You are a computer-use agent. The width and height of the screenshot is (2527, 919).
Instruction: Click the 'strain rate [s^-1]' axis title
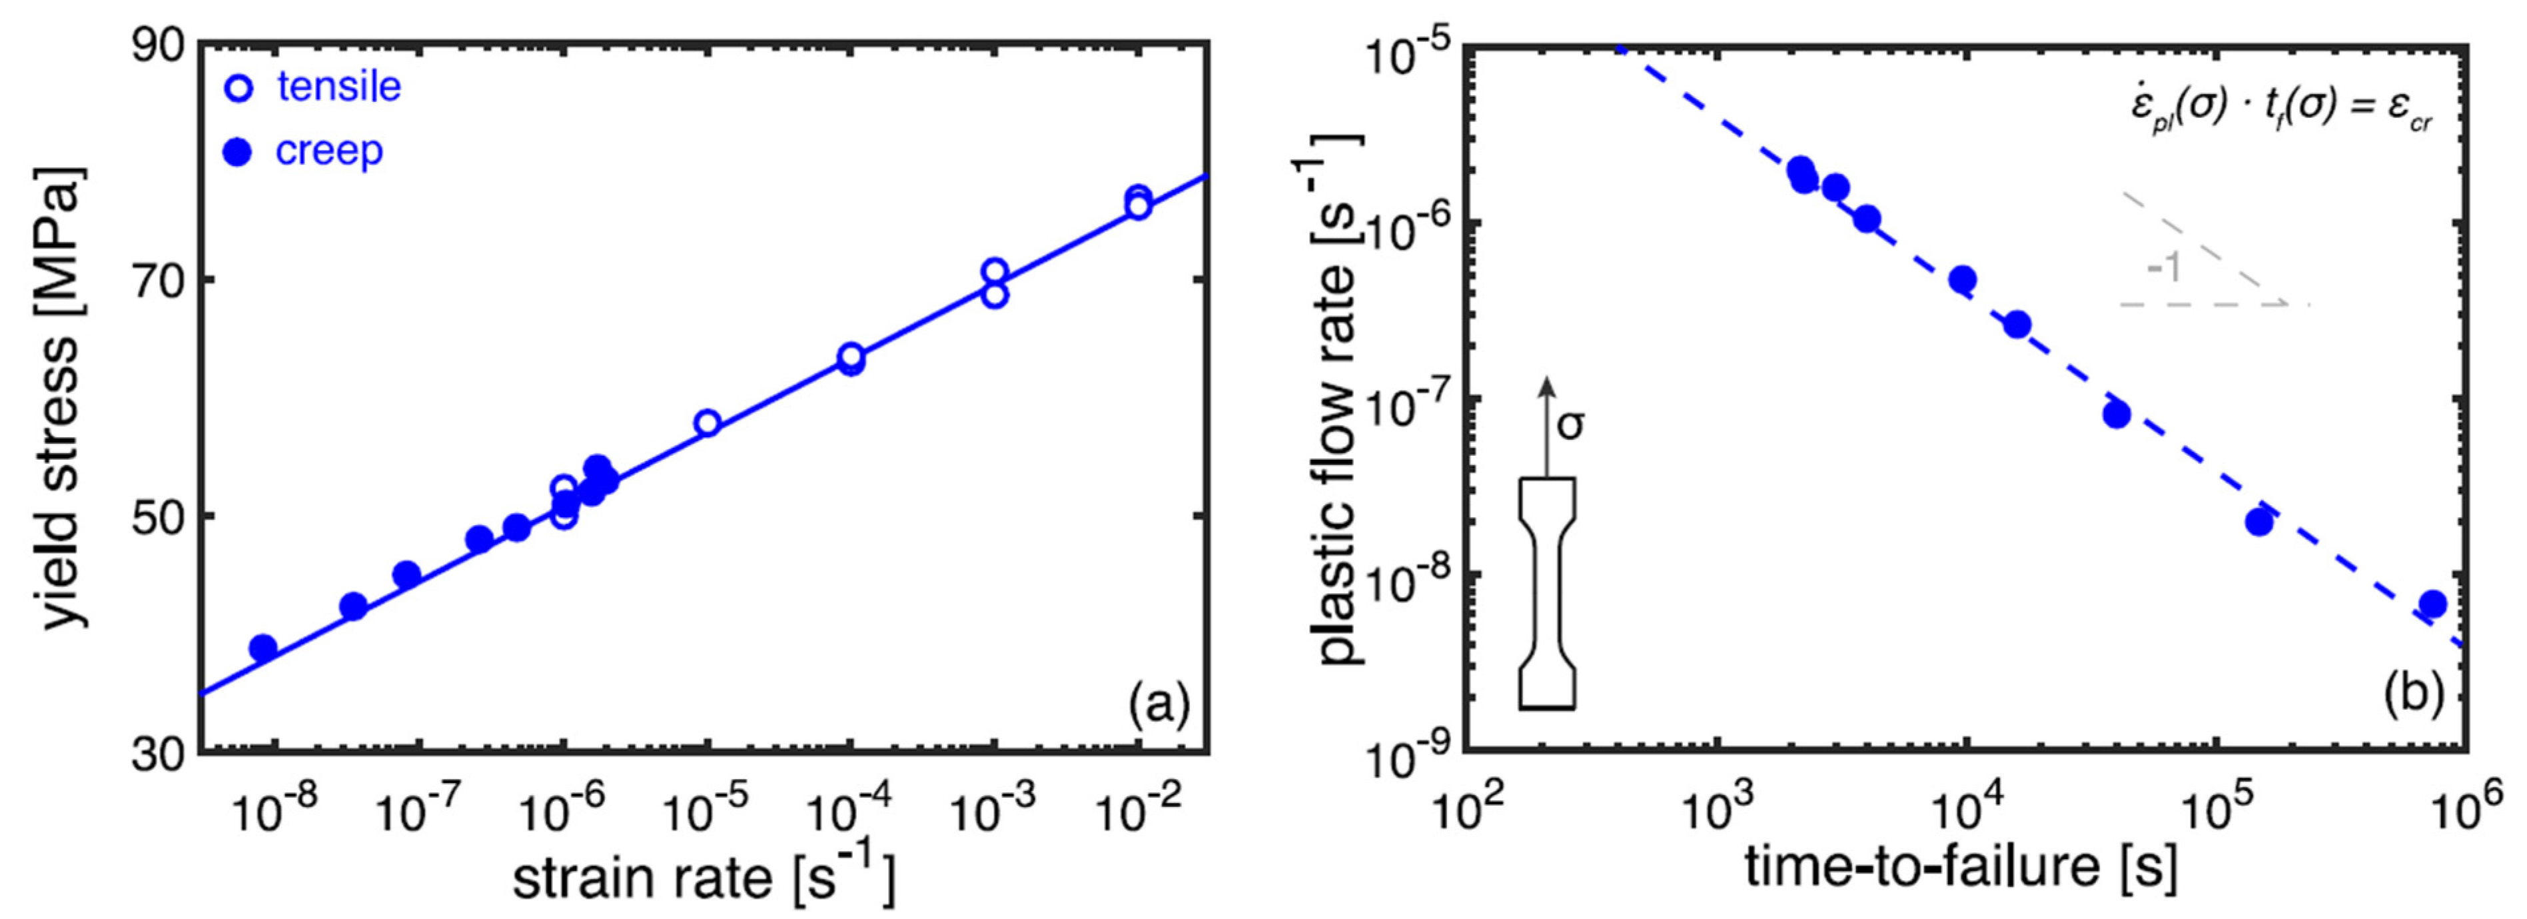[x=704, y=876]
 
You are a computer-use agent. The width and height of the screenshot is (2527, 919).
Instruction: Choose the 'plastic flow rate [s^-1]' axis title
[x=1340, y=397]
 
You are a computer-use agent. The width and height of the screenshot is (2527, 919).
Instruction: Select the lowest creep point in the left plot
[x=263, y=647]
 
